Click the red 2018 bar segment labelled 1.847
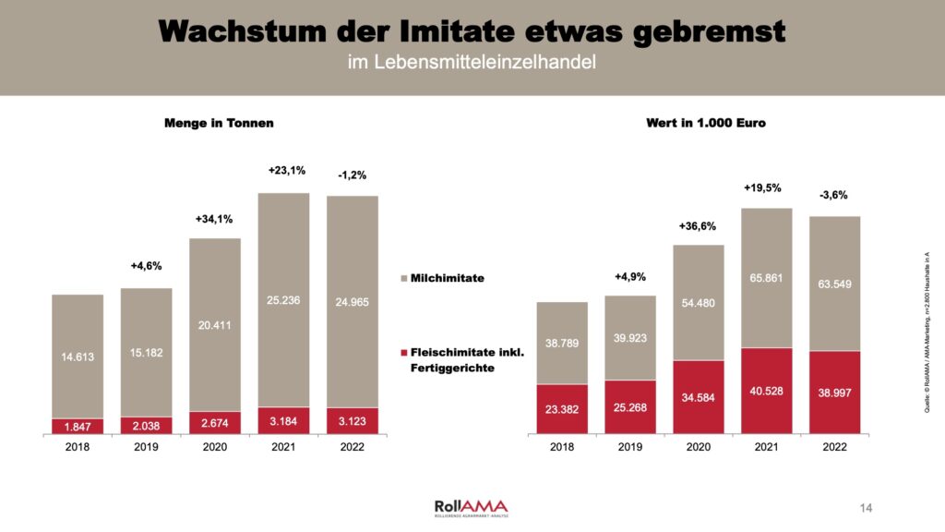pyautogui.click(x=78, y=426)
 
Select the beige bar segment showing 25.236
pyautogui.click(x=283, y=300)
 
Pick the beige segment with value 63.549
pyautogui.click(x=834, y=284)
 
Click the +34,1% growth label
pyautogui.click(x=215, y=219)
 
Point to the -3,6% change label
pyautogui.click(x=833, y=195)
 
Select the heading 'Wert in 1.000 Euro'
pyautogui.click(x=699, y=122)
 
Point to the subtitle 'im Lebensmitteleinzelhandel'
pyautogui.click(x=472, y=63)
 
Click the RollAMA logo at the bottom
pyautogui.click(x=471, y=507)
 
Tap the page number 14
pyautogui.click(x=866, y=507)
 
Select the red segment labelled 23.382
pyautogui.click(x=562, y=408)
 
